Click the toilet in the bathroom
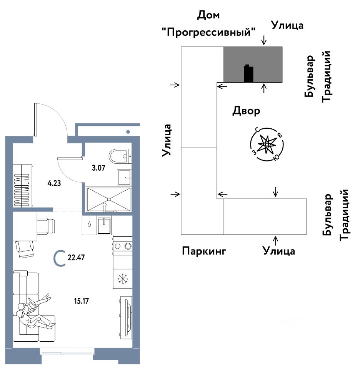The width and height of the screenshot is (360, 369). (x=120, y=157)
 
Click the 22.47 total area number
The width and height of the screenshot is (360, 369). (x=76, y=258)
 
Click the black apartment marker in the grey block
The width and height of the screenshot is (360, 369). (x=248, y=73)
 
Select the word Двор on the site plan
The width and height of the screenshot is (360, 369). (x=246, y=111)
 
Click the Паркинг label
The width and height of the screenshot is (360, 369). (x=204, y=251)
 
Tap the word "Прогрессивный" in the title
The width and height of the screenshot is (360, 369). (x=209, y=32)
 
